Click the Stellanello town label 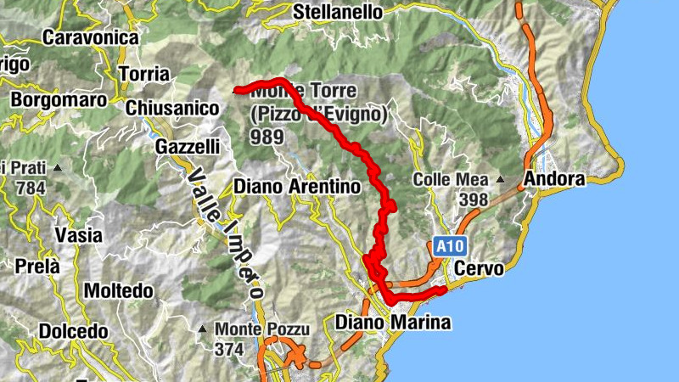click(339, 12)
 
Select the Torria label click(144, 74)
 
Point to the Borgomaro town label click(59, 99)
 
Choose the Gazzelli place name click(188, 146)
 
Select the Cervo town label click(479, 268)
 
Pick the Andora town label click(554, 179)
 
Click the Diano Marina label click(392, 323)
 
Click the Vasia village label click(77, 234)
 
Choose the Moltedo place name click(118, 291)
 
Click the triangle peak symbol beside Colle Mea click(502, 180)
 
